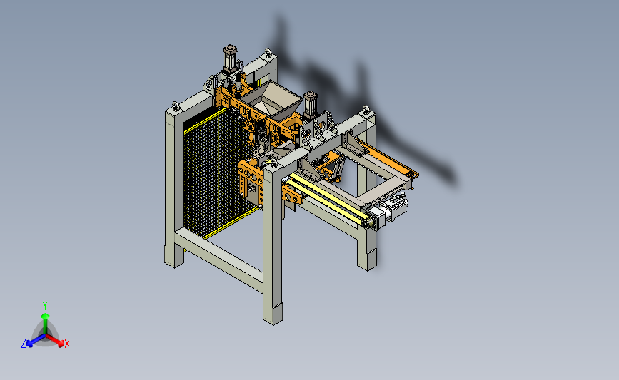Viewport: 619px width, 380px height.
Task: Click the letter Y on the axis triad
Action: [x=44, y=306]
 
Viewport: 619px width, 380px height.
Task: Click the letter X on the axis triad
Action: [x=66, y=344]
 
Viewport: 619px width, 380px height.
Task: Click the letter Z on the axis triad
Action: [x=24, y=344]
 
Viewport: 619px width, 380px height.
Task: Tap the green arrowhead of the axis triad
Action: [x=45, y=316]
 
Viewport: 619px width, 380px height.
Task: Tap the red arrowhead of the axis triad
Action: [x=61, y=344]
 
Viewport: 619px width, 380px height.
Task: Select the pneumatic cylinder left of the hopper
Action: [x=230, y=59]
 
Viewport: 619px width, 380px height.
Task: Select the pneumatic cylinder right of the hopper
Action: [x=310, y=106]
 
